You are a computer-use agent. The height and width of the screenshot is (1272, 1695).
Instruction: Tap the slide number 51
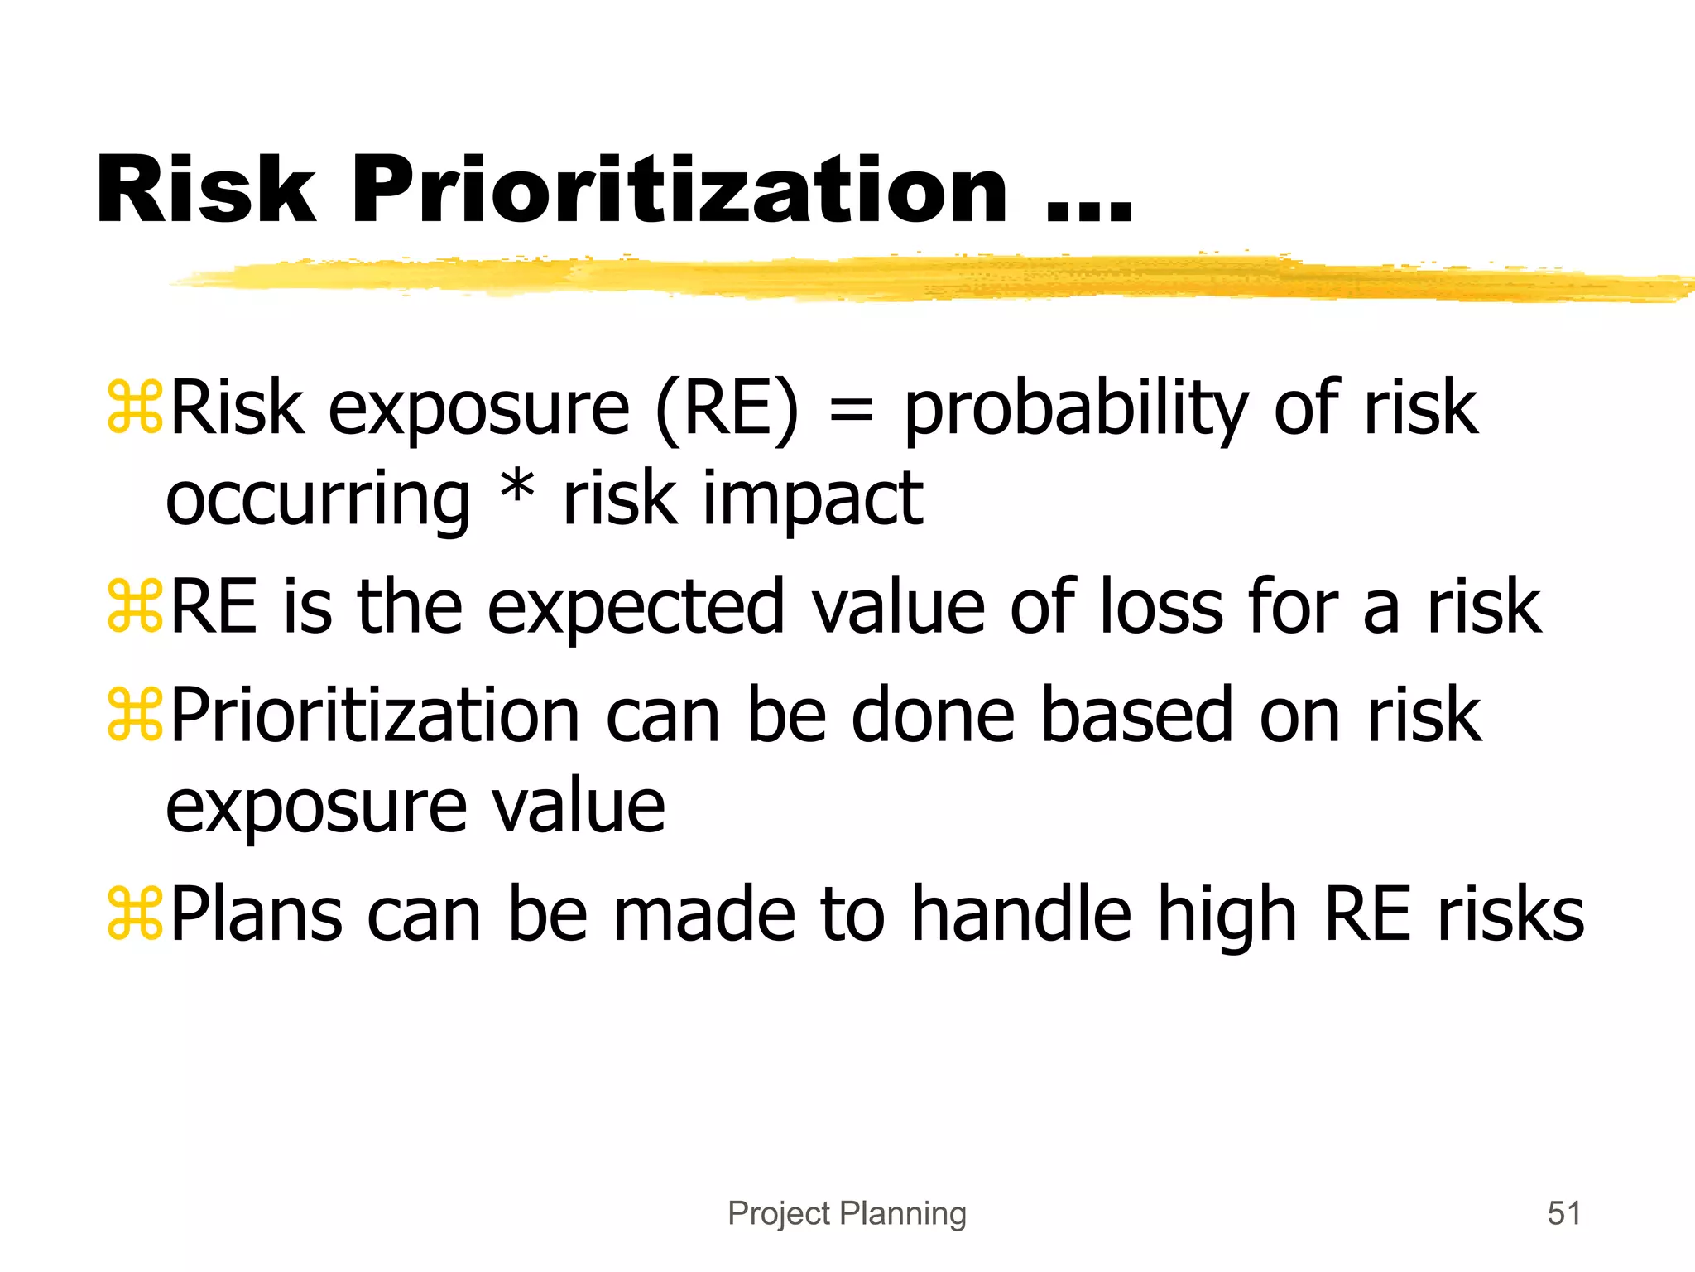point(1563,1213)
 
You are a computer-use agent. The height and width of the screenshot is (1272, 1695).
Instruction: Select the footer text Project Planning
point(847,1213)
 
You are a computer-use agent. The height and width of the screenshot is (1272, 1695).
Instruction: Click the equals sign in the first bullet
point(851,410)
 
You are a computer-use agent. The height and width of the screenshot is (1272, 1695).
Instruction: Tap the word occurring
point(318,501)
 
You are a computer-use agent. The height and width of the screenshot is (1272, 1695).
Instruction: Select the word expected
point(635,609)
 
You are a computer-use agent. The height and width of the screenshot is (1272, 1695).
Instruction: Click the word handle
point(1021,914)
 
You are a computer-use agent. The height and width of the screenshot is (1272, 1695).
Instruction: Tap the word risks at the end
point(1510,914)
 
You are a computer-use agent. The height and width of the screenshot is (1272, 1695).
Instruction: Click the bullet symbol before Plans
point(135,913)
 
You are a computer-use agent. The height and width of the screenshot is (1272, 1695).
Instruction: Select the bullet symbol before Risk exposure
point(135,407)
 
